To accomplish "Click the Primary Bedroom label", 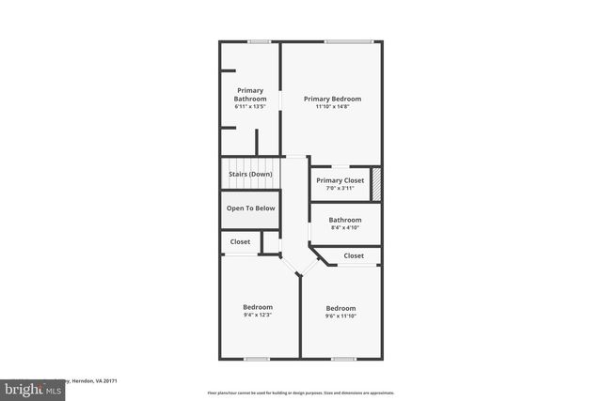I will click(332, 99).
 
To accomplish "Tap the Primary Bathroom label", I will click(250, 95).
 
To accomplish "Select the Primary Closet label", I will click(340, 180).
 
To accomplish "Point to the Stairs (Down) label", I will click(251, 174).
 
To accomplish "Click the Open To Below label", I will click(251, 208).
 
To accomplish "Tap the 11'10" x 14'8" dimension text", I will click(332, 107).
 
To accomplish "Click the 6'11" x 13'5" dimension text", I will click(250, 107).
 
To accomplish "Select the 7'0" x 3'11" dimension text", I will click(340, 189).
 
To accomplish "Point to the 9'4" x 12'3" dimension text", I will click(258, 316).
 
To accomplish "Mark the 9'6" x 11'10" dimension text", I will click(341, 316).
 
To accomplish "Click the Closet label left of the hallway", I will click(241, 241).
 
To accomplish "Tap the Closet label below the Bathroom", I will click(354, 255).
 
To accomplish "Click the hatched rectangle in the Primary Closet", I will click(376, 182).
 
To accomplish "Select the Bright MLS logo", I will click(28, 388).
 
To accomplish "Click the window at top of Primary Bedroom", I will click(348, 41).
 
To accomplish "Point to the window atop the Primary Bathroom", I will click(260, 41).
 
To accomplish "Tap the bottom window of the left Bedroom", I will click(257, 358).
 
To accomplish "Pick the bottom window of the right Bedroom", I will click(343, 358).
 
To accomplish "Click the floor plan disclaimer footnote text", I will click(301, 393).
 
